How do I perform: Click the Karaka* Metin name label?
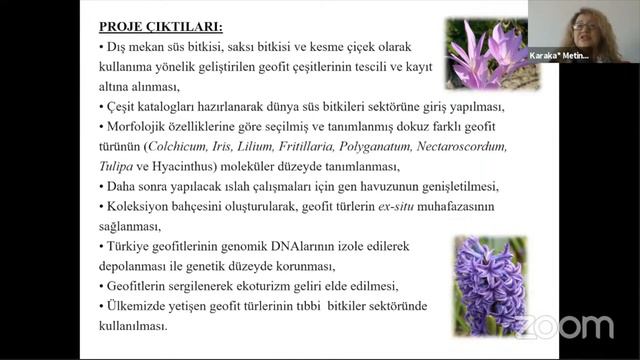(x=559, y=56)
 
